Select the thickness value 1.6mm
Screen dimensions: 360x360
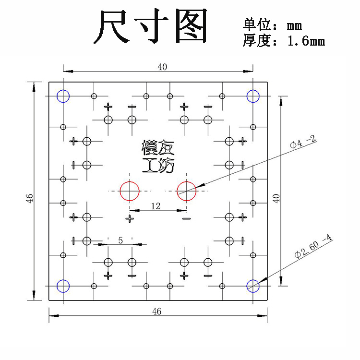(x=306, y=41)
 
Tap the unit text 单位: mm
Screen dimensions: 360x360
(x=272, y=24)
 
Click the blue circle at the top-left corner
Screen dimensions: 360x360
(x=63, y=96)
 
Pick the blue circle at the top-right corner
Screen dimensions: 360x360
(x=253, y=96)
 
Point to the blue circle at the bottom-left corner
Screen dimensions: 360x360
(x=63, y=286)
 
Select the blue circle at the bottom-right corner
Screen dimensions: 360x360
(x=253, y=286)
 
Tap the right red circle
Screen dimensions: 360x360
(x=186, y=191)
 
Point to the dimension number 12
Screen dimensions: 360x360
(x=156, y=206)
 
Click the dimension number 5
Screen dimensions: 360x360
(x=120, y=240)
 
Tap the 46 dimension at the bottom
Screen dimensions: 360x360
(x=156, y=311)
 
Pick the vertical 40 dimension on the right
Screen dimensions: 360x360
(x=276, y=198)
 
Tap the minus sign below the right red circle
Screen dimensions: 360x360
(x=186, y=219)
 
